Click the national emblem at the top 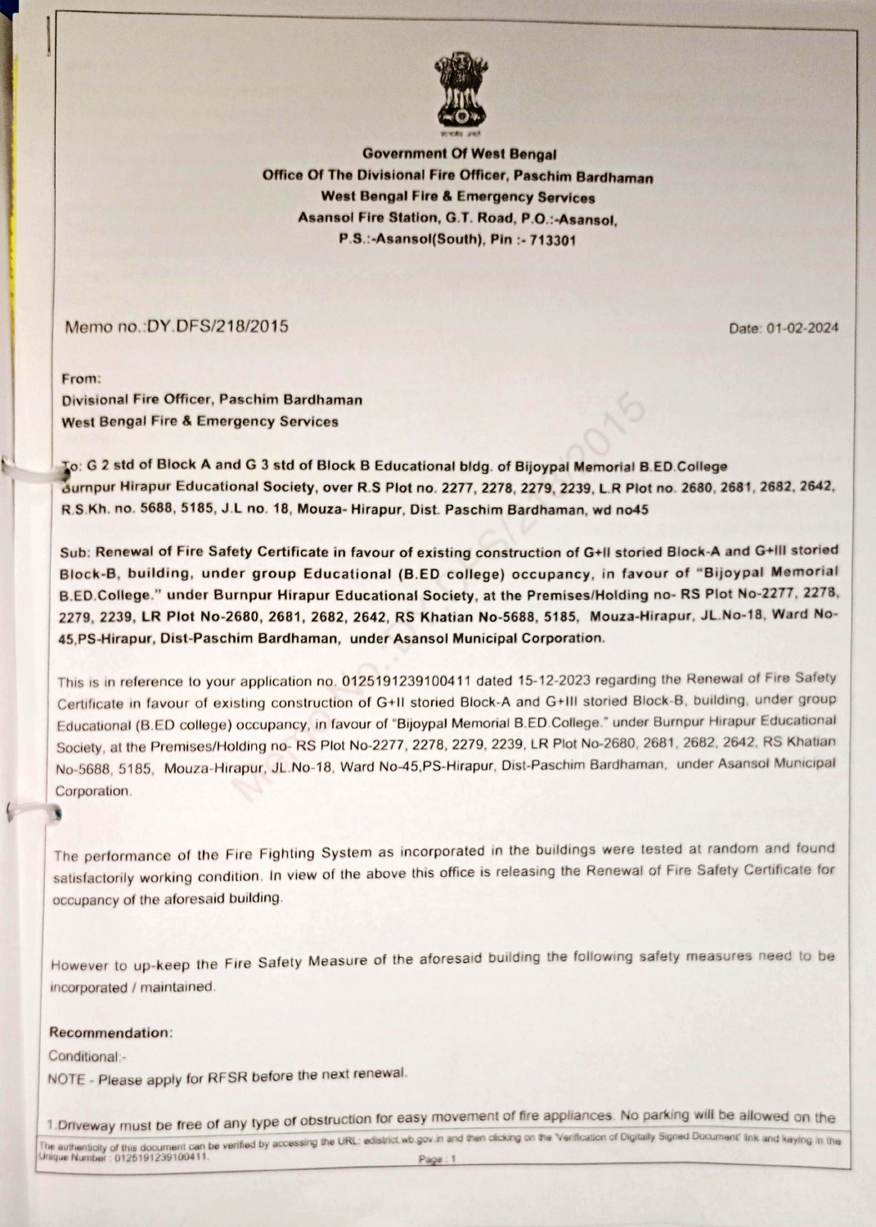click(x=459, y=93)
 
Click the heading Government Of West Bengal click(x=459, y=154)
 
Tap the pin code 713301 click(x=552, y=240)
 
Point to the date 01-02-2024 click(x=802, y=329)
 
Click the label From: click(x=82, y=379)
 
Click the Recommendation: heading click(x=110, y=1032)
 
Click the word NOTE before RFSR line click(x=66, y=1080)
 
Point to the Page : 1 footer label click(x=437, y=1159)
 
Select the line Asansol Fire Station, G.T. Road click(x=457, y=218)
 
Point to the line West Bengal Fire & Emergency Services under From click(x=200, y=422)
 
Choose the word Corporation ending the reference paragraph click(x=93, y=791)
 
